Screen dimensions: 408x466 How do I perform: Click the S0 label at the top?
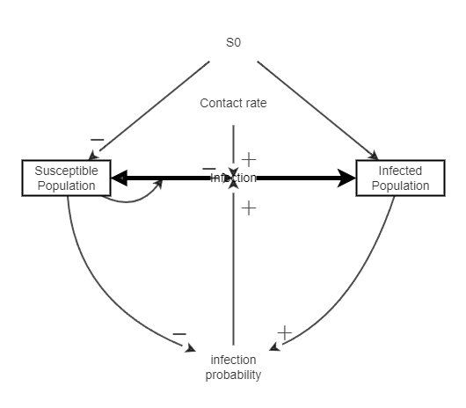233,42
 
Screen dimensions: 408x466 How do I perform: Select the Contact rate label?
233,103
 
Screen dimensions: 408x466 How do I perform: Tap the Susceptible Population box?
67,178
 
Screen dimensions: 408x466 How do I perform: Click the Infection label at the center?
233,178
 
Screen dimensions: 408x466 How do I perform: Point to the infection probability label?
233,368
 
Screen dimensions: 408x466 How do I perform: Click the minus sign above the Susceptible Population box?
97,140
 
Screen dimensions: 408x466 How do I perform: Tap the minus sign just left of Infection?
208,167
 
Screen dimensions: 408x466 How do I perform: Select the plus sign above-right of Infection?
249,159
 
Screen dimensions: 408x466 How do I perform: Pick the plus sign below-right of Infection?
249,208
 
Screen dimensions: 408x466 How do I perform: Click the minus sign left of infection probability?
179,334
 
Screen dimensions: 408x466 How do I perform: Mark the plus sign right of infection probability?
284,332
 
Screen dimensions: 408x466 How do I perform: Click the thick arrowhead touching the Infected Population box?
347,178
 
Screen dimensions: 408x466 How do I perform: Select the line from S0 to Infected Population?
317,109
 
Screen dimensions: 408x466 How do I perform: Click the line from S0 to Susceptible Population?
149,110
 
